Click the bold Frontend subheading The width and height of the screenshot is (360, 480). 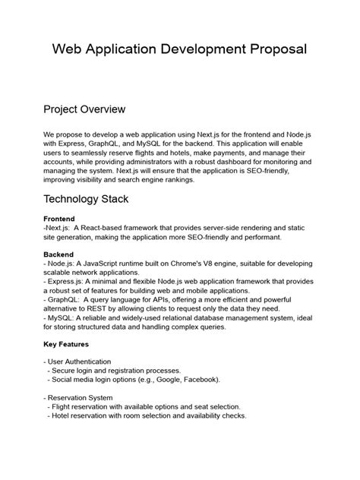[59, 219]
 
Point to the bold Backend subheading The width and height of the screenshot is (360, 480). [59, 254]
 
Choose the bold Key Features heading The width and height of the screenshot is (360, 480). [66, 343]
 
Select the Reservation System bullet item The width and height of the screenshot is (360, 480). [81, 396]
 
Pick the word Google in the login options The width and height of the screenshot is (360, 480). [162, 378]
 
